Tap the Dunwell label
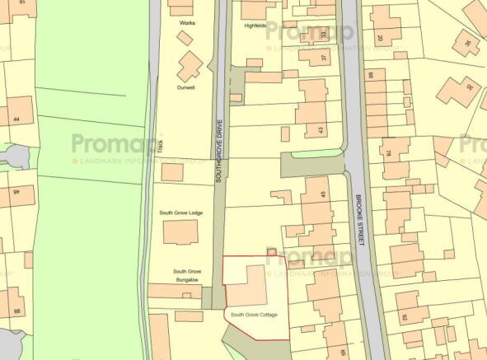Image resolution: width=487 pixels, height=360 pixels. point(185,86)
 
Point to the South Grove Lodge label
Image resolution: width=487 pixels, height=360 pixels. point(181,213)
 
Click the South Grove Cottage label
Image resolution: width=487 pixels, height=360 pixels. point(254,315)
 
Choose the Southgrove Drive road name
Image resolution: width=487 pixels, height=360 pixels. point(219,146)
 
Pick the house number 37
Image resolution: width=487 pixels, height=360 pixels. point(323,58)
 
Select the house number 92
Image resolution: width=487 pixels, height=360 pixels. point(404,316)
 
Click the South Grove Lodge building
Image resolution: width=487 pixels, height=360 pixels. point(180,232)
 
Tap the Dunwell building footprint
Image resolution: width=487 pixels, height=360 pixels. point(190,65)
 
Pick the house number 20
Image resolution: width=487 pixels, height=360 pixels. point(381,39)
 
